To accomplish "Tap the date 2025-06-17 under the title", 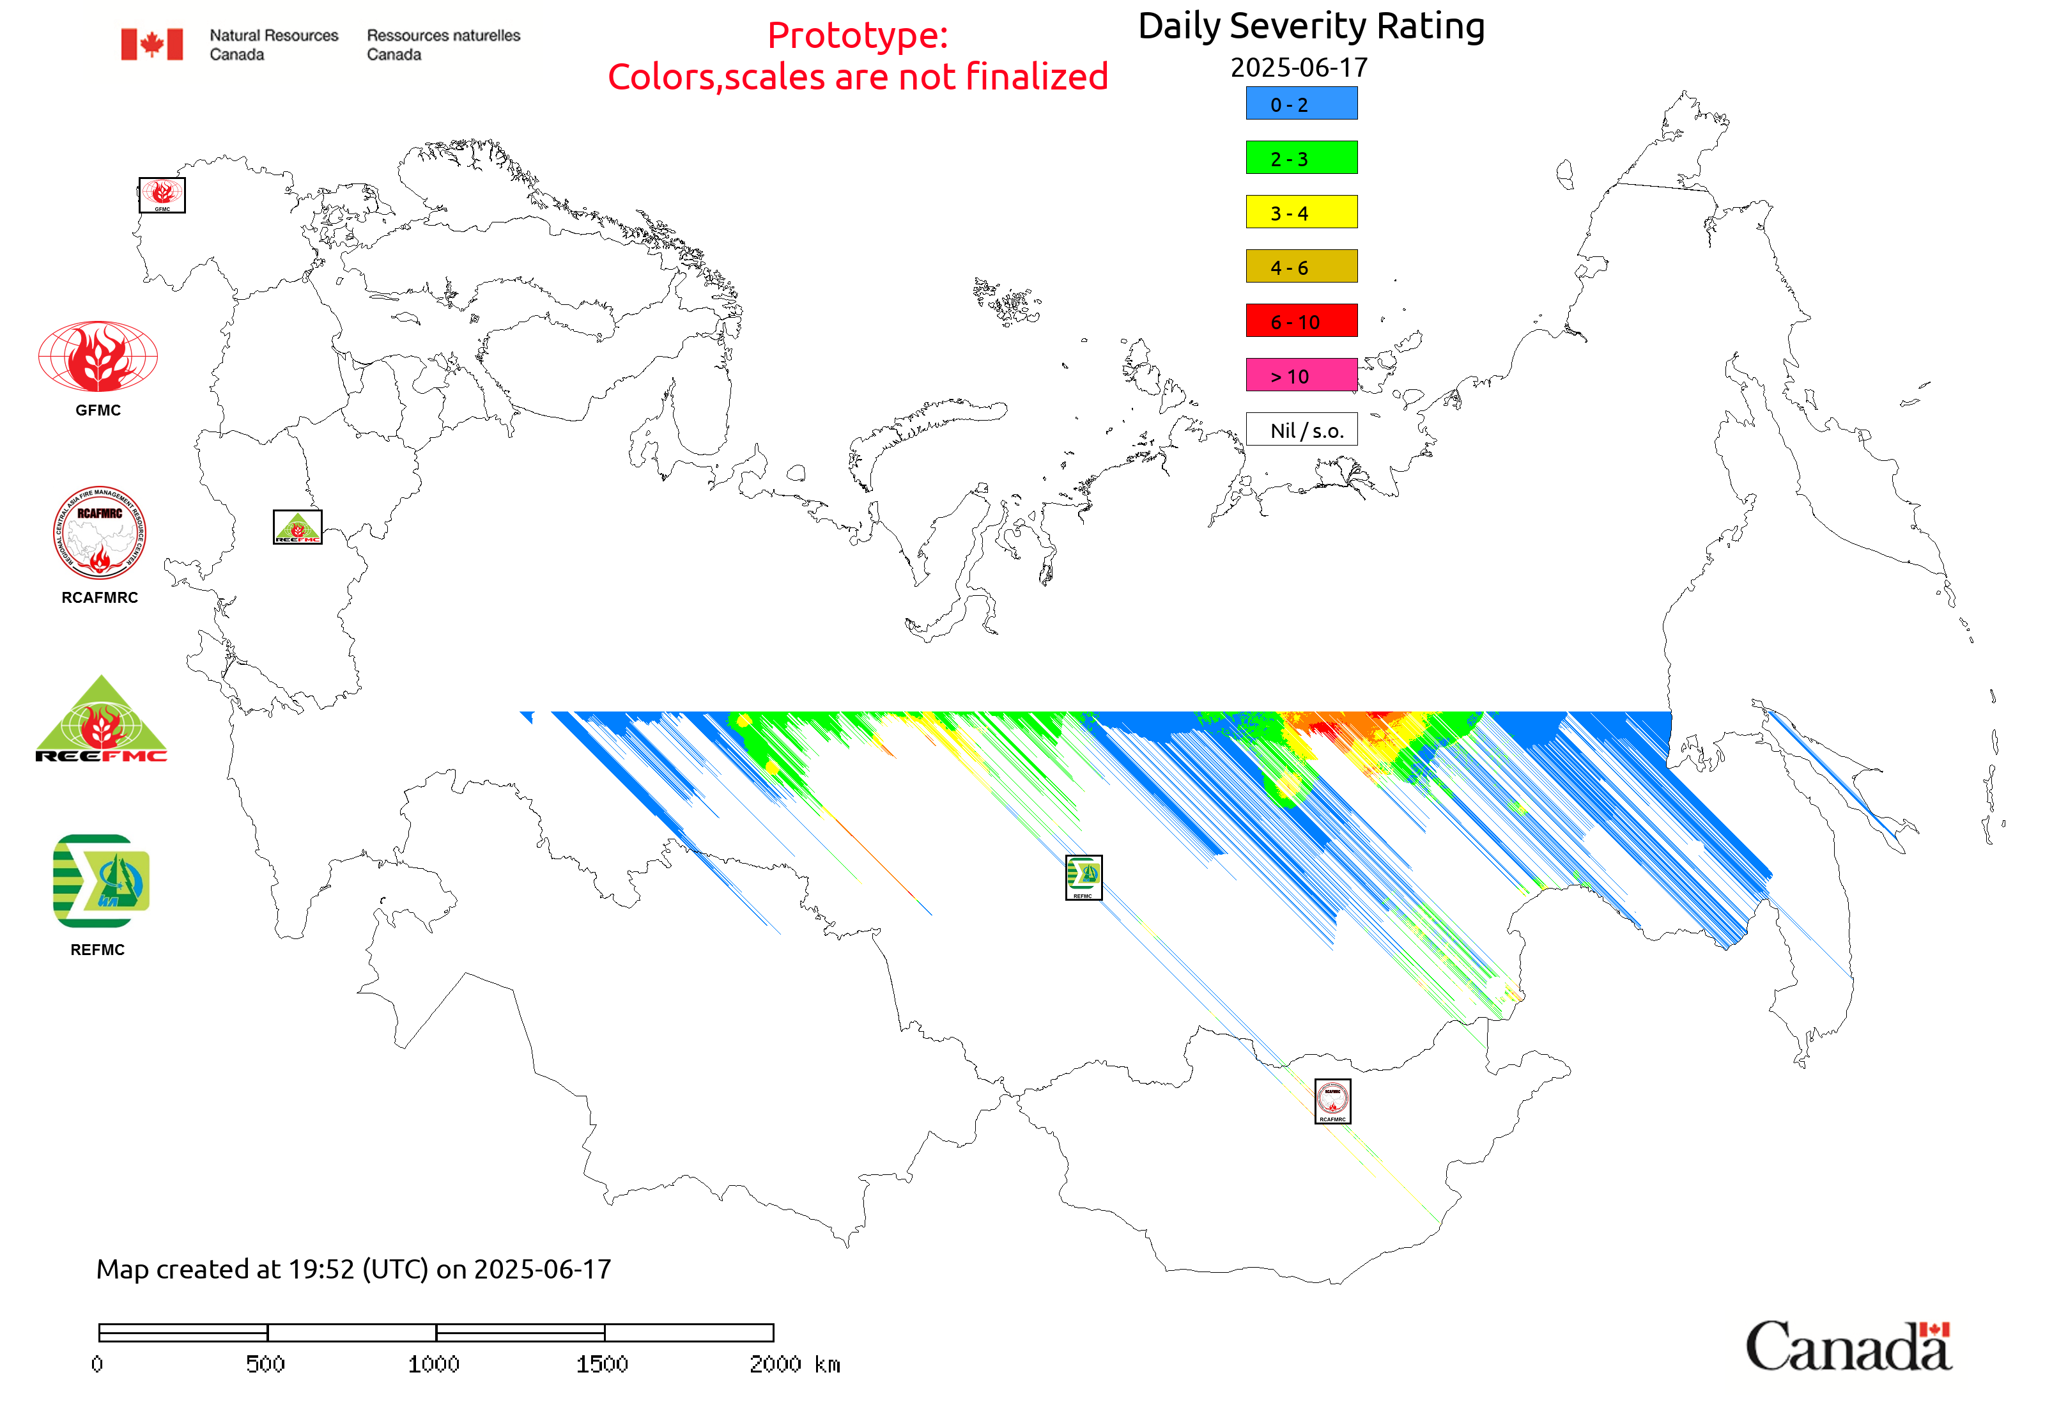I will pyautogui.click(x=1298, y=68).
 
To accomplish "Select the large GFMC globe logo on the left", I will pyautogui.click(x=98, y=357).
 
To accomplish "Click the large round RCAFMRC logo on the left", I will pyautogui.click(x=99, y=533).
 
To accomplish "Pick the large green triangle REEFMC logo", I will pyautogui.click(x=101, y=720).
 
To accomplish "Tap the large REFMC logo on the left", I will pyautogui.click(x=101, y=881).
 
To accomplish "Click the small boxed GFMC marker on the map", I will pyautogui.click(x=162, y=195).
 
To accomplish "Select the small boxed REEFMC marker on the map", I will pyautogui.click(x=297, y=527).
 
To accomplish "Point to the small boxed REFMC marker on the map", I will pyautogui.click(x=1083, y=877).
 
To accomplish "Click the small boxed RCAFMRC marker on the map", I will pyautogui.click(x=1332, y=1101).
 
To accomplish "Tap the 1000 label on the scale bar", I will pyautogui.click(x=433, y=1364).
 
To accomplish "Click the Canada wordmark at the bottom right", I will pyautogui.click(x=1847, y=1346).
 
